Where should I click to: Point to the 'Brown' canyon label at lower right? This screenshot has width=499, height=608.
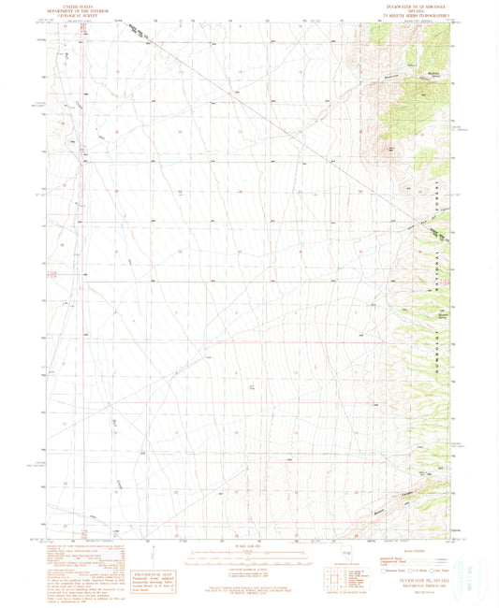click(x=379, y=510)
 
